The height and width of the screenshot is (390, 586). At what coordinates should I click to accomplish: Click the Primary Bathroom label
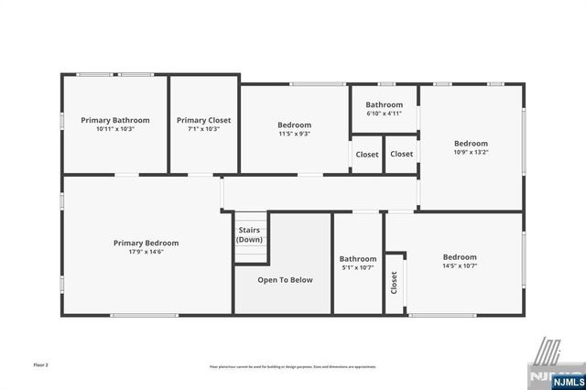[x=114, y=120]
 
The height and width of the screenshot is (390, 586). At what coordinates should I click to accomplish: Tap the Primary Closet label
[x=203, y=120]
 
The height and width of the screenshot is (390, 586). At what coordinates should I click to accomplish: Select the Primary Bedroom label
[x=146, y=243]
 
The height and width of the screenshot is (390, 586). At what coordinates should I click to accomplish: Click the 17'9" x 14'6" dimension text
[x=146, y=252]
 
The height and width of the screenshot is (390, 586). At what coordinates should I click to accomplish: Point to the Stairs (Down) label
[x=249, y=234]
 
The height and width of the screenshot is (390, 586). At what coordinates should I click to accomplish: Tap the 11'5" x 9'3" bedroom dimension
[x=294, y=134]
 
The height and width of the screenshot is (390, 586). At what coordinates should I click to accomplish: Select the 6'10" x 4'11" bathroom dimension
[x=384, y=114]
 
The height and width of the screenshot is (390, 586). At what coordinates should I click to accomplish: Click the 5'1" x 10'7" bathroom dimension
[x=357, y=268]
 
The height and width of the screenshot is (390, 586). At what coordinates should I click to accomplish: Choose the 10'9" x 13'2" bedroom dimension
[x=471, y=152]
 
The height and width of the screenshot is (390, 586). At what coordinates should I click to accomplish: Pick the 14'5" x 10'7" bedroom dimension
[x=459, y=266]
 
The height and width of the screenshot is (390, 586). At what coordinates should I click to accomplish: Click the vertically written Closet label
[x=395, y=283]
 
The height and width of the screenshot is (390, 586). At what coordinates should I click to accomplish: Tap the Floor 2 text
[x=41, y=364]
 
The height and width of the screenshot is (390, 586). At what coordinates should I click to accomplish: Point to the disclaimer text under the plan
[x=292, y=366]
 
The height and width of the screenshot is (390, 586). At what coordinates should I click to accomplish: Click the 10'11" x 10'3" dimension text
[x=114, y=129]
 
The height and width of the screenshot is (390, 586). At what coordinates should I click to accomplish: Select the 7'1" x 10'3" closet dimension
[x=203, y=129]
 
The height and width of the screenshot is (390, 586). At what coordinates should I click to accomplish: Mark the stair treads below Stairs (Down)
[x=250, y=254]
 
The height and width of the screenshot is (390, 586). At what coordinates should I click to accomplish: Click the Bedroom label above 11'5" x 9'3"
[x=294, y=125]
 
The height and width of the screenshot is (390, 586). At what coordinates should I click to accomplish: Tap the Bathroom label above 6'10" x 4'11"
[x=384, y=105]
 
